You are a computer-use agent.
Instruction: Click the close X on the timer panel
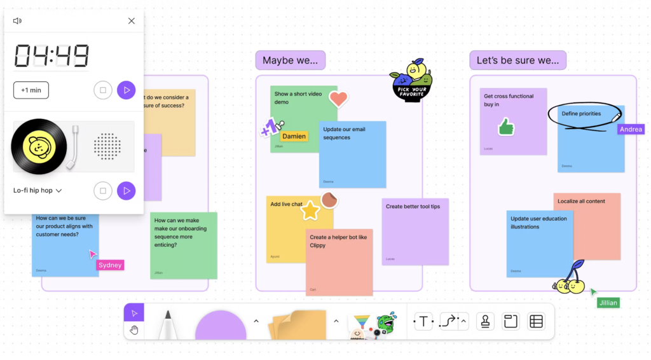tap(132, 21)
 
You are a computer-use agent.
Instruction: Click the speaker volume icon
tap(17, 21)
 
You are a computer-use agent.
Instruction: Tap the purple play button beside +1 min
tap(126, 90)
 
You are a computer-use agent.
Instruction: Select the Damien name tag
tap(294, 136)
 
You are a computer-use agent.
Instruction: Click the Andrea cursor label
tap(631, 129)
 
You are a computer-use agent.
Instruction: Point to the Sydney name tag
tap(110, 265)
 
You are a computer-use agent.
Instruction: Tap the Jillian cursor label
tap(608, 303)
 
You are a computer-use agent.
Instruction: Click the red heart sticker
tap(338, 99)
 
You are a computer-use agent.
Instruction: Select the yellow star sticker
tap(310, 211)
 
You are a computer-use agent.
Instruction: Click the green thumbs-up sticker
tap(506, 127)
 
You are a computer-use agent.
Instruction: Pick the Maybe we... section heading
tap(290, 60)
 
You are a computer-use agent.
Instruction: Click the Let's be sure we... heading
tap(517, 60)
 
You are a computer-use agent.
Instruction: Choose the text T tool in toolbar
tap(423, 321)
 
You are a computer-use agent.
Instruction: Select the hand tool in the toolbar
tap(134, 329)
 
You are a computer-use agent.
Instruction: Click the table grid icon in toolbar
tap(536, 321)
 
